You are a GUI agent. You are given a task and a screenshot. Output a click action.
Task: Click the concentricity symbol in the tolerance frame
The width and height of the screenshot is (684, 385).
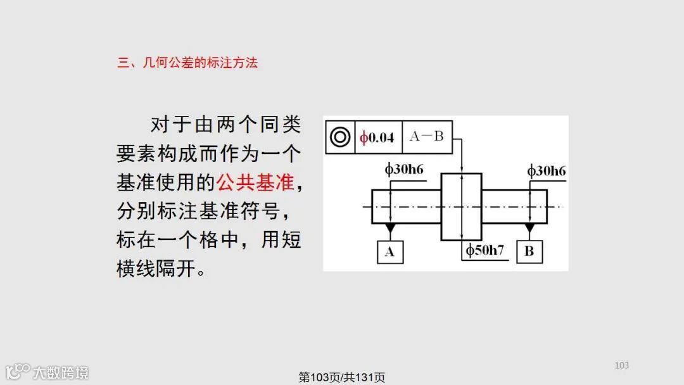pos(341,137)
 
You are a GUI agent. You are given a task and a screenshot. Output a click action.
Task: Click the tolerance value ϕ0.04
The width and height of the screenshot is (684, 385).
pos(377,137)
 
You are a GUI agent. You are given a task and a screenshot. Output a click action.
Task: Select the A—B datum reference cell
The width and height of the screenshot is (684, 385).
pos(427,137)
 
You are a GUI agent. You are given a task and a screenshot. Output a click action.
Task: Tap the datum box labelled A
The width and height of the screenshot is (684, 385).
pos(389,251)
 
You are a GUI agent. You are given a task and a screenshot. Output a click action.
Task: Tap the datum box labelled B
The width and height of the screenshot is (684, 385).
pos(529,251)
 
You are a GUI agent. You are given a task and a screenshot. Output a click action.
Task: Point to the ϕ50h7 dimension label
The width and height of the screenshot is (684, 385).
pos(485,250)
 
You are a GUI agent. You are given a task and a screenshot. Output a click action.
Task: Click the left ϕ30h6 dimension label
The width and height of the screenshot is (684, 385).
pos(403,170)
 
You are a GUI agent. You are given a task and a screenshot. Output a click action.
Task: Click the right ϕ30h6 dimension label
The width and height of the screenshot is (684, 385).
pos(547,171)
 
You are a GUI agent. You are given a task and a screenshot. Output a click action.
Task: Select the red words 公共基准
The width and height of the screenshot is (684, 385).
pos(255,183)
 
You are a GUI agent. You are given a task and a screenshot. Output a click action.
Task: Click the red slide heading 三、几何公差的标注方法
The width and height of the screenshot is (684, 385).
pos(187,63)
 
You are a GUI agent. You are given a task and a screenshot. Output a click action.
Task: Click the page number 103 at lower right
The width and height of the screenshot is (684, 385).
pos(622,365)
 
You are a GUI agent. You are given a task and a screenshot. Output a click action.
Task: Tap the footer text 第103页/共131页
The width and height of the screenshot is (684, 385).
pos(342,377)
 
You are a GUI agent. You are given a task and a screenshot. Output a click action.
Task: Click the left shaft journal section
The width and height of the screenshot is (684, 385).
pos(406,207)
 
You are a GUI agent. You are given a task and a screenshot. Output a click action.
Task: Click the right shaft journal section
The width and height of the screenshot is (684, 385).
pos(514,207)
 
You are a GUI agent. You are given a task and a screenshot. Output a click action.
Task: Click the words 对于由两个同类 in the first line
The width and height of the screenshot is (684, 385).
pos(225,125)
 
